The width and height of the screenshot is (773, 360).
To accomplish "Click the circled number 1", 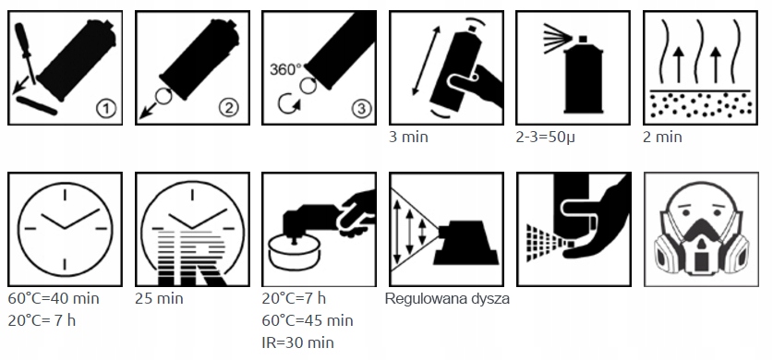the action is pos(105,108).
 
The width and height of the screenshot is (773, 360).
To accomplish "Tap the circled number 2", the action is pos(228,108).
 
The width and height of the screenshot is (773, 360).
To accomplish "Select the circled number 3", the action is pos(361,108).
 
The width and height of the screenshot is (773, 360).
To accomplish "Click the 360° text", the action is pos(285,69).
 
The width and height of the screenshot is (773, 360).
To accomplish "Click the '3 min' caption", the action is pos(409,137).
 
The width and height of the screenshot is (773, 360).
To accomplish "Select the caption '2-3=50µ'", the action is pos(545,138).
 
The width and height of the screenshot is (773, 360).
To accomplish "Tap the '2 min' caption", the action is pos(662,137).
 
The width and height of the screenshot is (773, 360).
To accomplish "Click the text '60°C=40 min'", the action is pos(54,298).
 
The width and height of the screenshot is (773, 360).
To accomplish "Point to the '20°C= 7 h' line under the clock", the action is pos(42,320).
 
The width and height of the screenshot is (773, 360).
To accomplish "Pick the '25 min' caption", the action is pos(159,298).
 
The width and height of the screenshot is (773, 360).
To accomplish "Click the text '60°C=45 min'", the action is pos(308,320).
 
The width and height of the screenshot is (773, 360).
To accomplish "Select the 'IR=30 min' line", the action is pos(297,342).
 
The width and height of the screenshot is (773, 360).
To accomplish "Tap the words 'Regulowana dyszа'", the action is pos(447,299).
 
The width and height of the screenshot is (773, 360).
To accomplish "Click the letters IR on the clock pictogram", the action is pos(192,257).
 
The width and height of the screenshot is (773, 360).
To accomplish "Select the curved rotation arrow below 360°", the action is pos(287,104).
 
